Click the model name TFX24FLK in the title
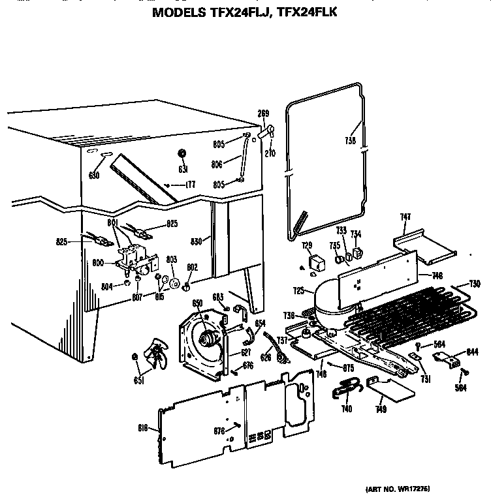click(x=302, y=12)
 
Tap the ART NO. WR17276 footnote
click(x=394, y=489)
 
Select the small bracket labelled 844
click(x=446, y=357)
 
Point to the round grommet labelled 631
click(x=182, y=153)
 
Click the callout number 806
click(x=217, y=164)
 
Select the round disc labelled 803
click(x=174, y=282)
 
